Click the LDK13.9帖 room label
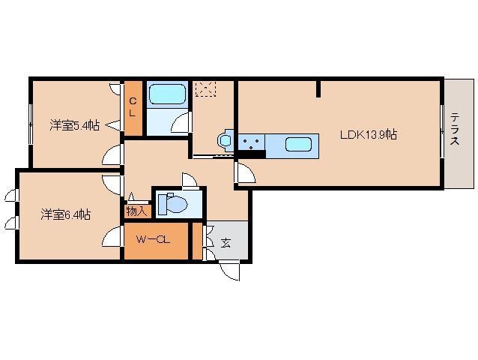(369, 135)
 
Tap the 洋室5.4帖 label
(75, 125)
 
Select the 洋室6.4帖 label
(66, 214)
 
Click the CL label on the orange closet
(133, 107)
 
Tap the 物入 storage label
(136, 211)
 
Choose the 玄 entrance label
(225, 241)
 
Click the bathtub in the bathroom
(166, 94)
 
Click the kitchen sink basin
(298, 144)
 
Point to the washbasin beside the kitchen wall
(226, 139)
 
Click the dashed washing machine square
(205, 89)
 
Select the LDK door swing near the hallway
(243, 172)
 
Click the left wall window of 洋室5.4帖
(31, 124)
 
